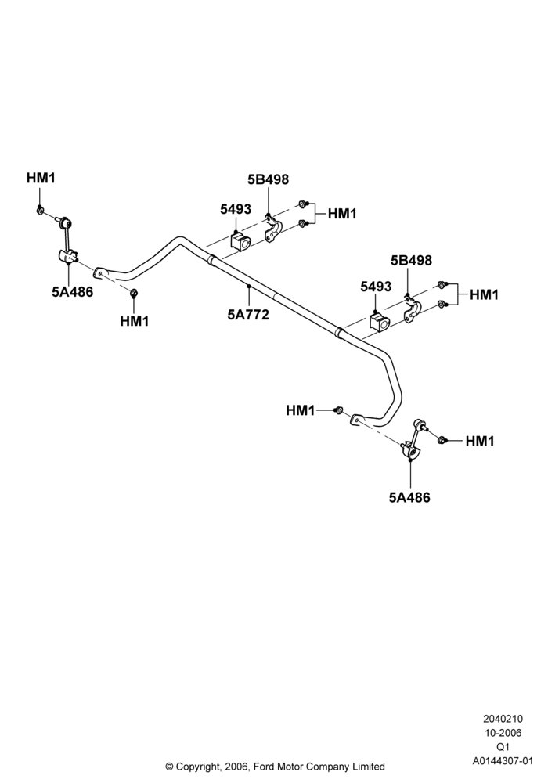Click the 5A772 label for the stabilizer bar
pyautogui.click(x=248, y=315)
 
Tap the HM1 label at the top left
pyautogui.click(x=41, y=178)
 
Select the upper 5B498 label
pyautogui.click(x=268, y=179)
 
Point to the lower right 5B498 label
pyautogui.click(x=411, y=260)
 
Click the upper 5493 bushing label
pyautogui.click(x=236, y=209)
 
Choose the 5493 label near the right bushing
pyautogui.click(x=377, y=287)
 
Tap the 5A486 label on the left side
pyautogui.click(x=72, y=292)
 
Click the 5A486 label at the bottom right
pyautogui.click(x=409, y=497)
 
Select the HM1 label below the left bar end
pyautogui.click(x=135, y=321)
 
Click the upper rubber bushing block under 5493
pyautogui.click(x=240, y=241)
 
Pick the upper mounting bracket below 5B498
pyautogui.click(x=272, y=229)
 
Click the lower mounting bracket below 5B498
pyautogui.click(x=413, y=311)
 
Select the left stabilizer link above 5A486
pyautogui.click(x=67, y=240)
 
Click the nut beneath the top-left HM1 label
pyautogui.click(x=39, y=210)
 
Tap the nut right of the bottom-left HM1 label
pyautogui.click(x=338, y=410)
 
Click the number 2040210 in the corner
pyautogui.click(x=503, y=719)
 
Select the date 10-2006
pyautogui.click(x=503, y=733)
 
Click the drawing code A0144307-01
pyautogui.click(x=503, y=761)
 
